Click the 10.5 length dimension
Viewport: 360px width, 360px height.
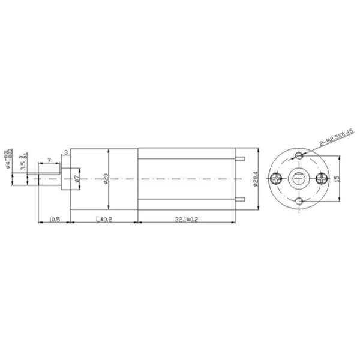[x=53, y=220]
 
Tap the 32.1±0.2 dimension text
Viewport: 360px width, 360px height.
[x=187, y=220]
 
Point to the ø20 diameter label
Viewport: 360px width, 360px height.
[x=106, y=179]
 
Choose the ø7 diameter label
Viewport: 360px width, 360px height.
[x=76, y=178]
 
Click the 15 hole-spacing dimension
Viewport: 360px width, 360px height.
[x=338, y=179]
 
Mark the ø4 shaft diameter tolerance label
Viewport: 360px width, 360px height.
[x=8, y=160]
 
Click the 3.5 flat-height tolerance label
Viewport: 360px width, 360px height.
[x=23, y=163]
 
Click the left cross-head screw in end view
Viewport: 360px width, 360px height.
[x=277, y=178]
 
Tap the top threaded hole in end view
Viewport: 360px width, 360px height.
[x=299, y=156]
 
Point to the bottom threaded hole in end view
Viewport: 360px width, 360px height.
[x=299, y=201]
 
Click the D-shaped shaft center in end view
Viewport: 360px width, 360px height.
[x=299, y=178]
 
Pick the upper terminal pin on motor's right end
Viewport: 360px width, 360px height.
[x=241, y=158]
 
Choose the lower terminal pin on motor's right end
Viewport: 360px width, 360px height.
[x=241, y=199]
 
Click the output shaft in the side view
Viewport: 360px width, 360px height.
[x=48, y=179]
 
